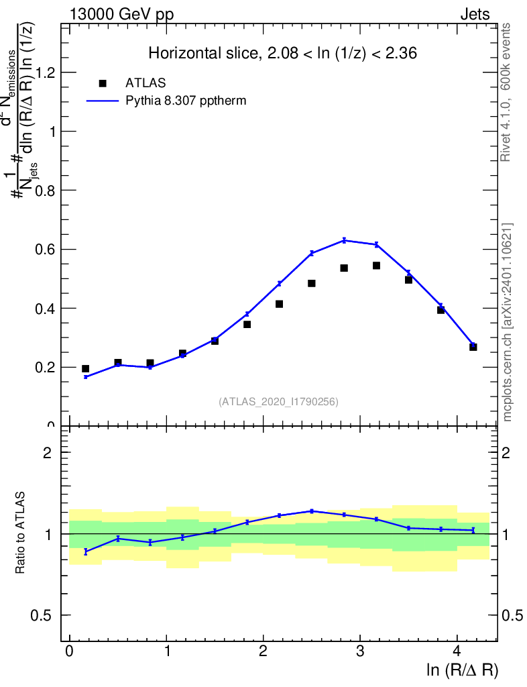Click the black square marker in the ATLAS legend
pyautogui.click(x=103, y=83)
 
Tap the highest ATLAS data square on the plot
pyautogui.click(x=376, y=265)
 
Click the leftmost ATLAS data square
pyautogui.click(x=85, y=368)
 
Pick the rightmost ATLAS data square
pyautogui.click(x=473, y=347)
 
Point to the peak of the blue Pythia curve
pyautogui.click(x=344, y=240)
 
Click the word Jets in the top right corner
pyautogui.click(x=475, y=14)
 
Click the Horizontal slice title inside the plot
pyautogui.click(x=282, y=54)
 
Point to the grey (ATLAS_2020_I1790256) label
pyautogui.click(x=278, y=402)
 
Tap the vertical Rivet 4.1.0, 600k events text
pyautogui.click(x=506, y=93)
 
